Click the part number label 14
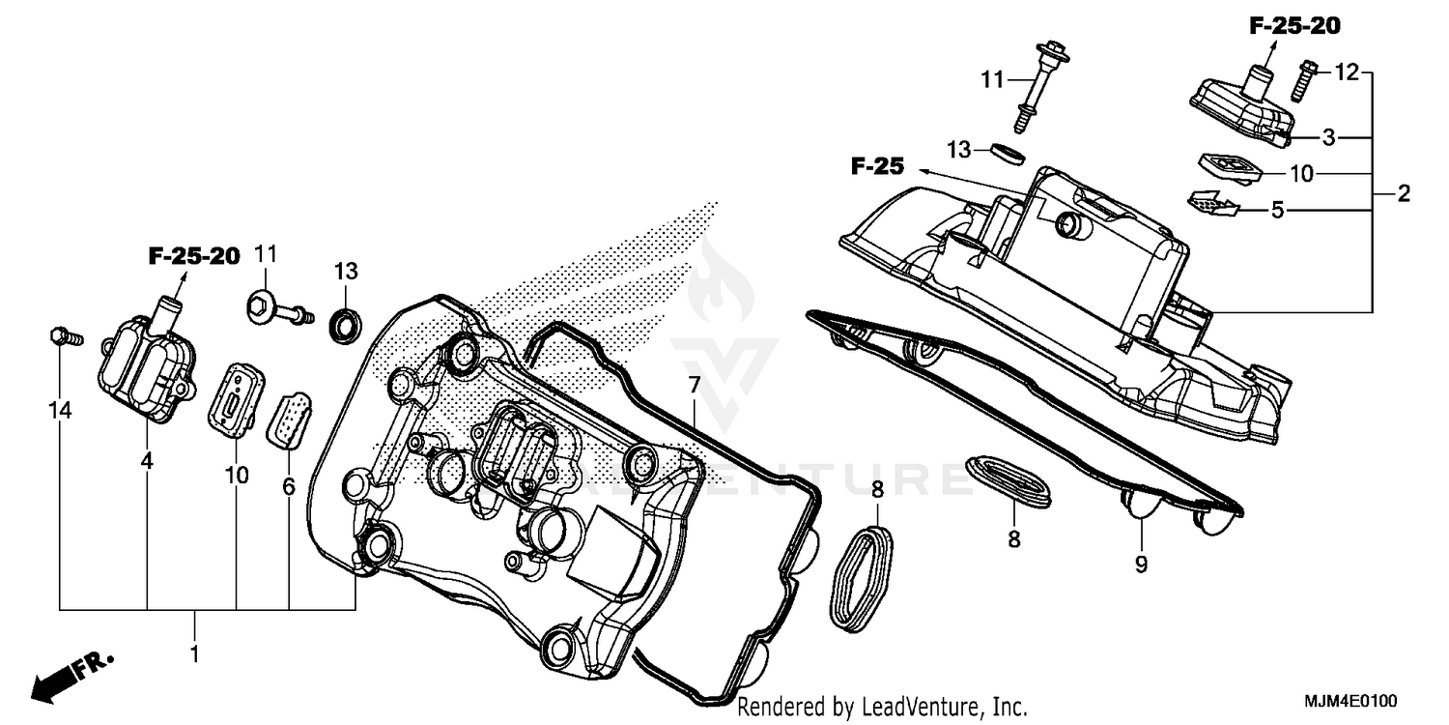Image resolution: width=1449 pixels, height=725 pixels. pos(60,411)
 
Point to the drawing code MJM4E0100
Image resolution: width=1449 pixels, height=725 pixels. pos(1351,700)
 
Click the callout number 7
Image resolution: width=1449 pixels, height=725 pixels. pos(694,385)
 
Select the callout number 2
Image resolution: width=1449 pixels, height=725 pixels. pos(1403,193)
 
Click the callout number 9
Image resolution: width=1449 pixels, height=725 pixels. pos(1141,564)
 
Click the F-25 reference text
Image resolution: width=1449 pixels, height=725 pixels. pos(877,167)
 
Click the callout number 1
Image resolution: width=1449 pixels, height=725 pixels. pos(194,654)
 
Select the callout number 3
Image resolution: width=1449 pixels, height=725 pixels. pos(1329,137)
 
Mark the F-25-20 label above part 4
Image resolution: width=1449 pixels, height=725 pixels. pos(193,256)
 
